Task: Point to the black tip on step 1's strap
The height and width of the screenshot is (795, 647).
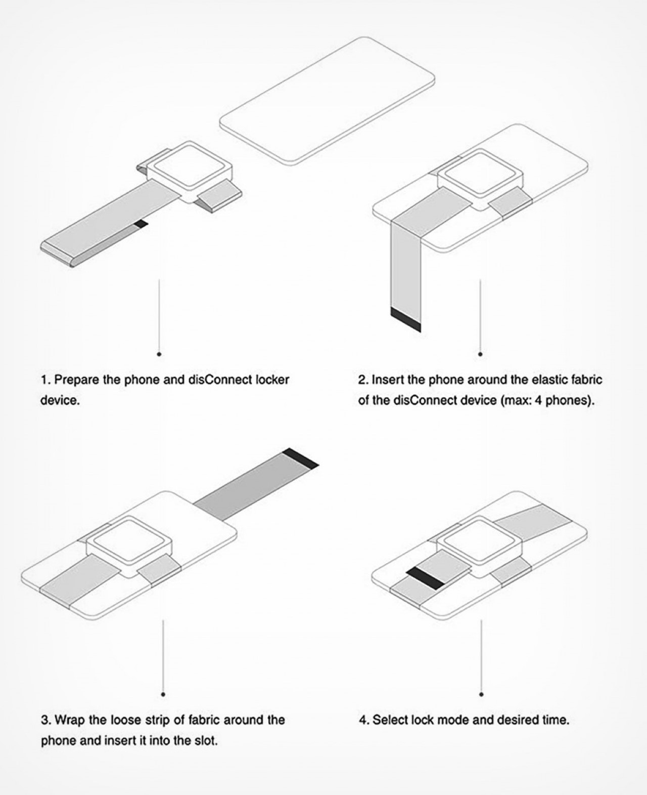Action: click(x=142, y=223)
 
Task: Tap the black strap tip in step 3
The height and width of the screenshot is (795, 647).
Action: click(x=300, y=457)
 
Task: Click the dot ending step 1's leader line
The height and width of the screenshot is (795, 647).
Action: click(x=159, y=354)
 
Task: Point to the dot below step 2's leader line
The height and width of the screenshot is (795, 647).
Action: click(x=480, y=354)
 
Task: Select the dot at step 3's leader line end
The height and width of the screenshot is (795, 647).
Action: click(x=163, y=694)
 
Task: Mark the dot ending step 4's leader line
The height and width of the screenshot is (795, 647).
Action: click(x=481, y=694)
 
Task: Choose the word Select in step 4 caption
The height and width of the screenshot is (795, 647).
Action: click(x=390, y=720)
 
